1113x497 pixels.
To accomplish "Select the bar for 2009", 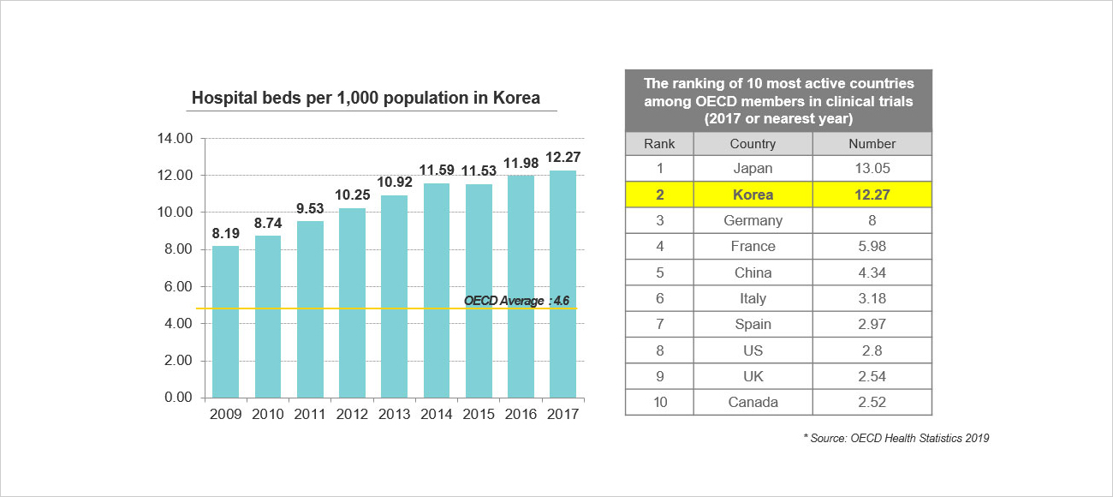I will (225, 321).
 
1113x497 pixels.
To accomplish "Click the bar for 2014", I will (436, 290).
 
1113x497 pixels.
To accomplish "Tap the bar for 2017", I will (562, 284).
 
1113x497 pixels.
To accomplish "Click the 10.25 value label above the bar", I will (352, 195).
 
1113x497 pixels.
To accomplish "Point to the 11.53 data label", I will (479, 171).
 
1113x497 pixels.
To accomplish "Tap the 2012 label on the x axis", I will (352, 414).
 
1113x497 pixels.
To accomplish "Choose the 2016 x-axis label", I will (521, 414).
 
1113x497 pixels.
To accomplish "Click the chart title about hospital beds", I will (366, 98).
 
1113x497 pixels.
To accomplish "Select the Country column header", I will (753, 144).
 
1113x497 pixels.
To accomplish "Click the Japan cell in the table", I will (753, 169).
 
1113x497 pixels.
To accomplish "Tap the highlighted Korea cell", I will (753, 195).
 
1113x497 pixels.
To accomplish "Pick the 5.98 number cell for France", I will (872, 246).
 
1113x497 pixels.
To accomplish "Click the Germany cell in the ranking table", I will (753, 220).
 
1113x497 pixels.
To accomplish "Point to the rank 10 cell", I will (659, 402).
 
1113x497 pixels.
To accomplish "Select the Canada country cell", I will (753, 402).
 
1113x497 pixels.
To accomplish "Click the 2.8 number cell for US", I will (872, 350).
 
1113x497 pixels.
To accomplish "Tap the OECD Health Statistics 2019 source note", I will (896, 438).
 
